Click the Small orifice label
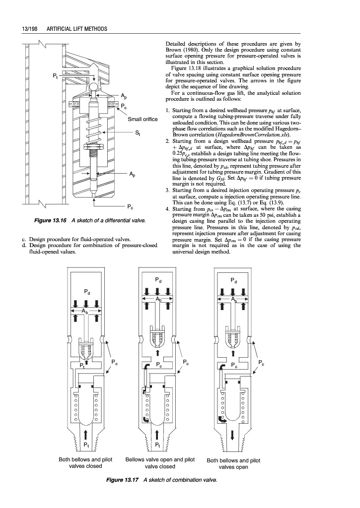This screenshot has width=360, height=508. [x=143, y=119]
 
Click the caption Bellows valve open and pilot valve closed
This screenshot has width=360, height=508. [x=159, y=463]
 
